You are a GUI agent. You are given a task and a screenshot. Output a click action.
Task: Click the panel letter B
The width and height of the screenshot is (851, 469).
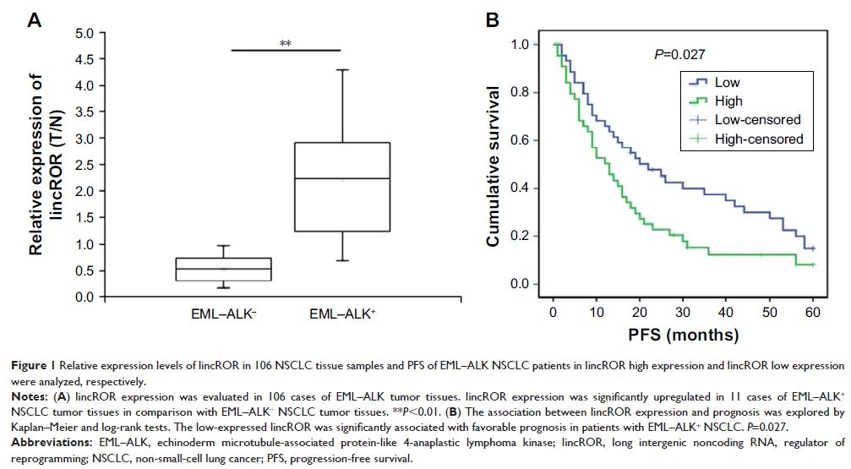(x=489, y=19)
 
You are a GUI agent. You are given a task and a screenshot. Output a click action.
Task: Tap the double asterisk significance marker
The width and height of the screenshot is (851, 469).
(x=285, y=41)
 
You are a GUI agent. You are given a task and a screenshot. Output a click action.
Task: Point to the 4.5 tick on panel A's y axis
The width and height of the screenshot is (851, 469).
(x=84, y=60)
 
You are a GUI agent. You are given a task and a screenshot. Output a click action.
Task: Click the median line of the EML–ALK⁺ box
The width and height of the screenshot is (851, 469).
(x=341, y=179)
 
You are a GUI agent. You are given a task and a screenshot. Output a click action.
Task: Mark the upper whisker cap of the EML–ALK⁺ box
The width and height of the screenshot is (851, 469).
(x=341, y=69)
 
